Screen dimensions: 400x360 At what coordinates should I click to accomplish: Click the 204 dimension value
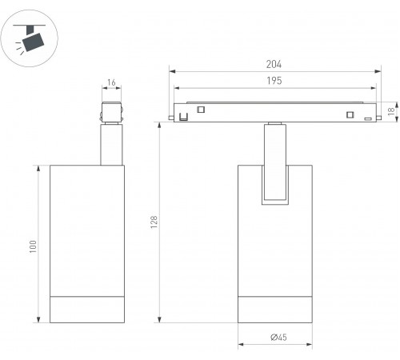pyautogui.click(x=274, y=64)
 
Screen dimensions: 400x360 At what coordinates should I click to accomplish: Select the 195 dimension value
pyautogui.click(x=274, y=81)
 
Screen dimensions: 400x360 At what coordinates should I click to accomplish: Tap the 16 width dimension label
pyautogui.click(x=111, y=82)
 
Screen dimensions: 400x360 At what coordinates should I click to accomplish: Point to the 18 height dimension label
pyautogui.click(x=391, y=111)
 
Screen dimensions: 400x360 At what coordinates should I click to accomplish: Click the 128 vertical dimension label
pyautogui.click(x=154, y=222)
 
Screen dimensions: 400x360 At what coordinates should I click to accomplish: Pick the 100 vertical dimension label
pyautogui.click(x=33, y=246)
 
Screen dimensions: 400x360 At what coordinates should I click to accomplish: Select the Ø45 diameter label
pyautogui.click(x=278, y=338)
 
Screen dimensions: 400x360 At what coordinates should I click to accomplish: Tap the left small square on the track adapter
pyautogui.click(x=201, y=110)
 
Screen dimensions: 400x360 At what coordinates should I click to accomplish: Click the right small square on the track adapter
pyautogui.click(x=350, y=114)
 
